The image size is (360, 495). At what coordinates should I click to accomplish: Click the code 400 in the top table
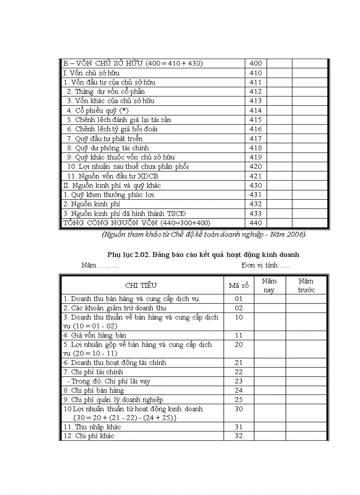[256, 63]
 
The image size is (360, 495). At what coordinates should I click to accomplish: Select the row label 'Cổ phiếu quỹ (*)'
[97, 110]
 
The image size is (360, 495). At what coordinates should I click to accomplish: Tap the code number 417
[256, 138]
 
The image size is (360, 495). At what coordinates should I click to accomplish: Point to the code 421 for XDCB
[256, 176]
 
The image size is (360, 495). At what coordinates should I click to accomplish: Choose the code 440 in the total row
[256, 223]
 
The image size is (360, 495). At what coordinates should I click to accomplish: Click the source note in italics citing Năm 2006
[203, 234]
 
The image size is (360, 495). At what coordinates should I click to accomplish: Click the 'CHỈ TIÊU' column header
[141, 285]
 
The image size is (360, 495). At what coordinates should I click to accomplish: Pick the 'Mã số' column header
[239, 285]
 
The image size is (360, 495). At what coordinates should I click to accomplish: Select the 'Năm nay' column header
[269, 285]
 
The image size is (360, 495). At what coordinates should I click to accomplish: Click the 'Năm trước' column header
[306, 285]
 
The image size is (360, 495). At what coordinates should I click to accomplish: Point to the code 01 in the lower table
[239, 299]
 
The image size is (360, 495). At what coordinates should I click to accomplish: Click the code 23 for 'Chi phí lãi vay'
[239, 381]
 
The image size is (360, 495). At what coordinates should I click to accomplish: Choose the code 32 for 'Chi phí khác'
[239, 436]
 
